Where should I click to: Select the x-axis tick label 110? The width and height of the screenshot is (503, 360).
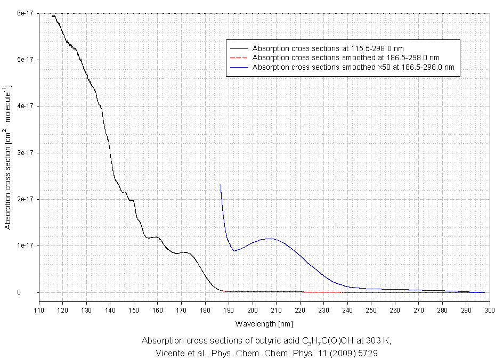(x=39, y=309)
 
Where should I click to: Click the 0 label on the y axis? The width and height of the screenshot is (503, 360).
(x=33, y=292)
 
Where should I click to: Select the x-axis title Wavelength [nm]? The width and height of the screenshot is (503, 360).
(x=264, y=323)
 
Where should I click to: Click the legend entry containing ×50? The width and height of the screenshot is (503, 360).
(x=353, y=67)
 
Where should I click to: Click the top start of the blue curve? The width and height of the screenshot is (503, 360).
(x=221, y=185)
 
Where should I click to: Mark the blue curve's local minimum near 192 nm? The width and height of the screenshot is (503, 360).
(x=234, y=251)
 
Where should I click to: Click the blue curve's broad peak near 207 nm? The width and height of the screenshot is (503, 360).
(x=270, y=239)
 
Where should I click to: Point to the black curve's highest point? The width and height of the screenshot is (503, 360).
(x=53, y=16)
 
